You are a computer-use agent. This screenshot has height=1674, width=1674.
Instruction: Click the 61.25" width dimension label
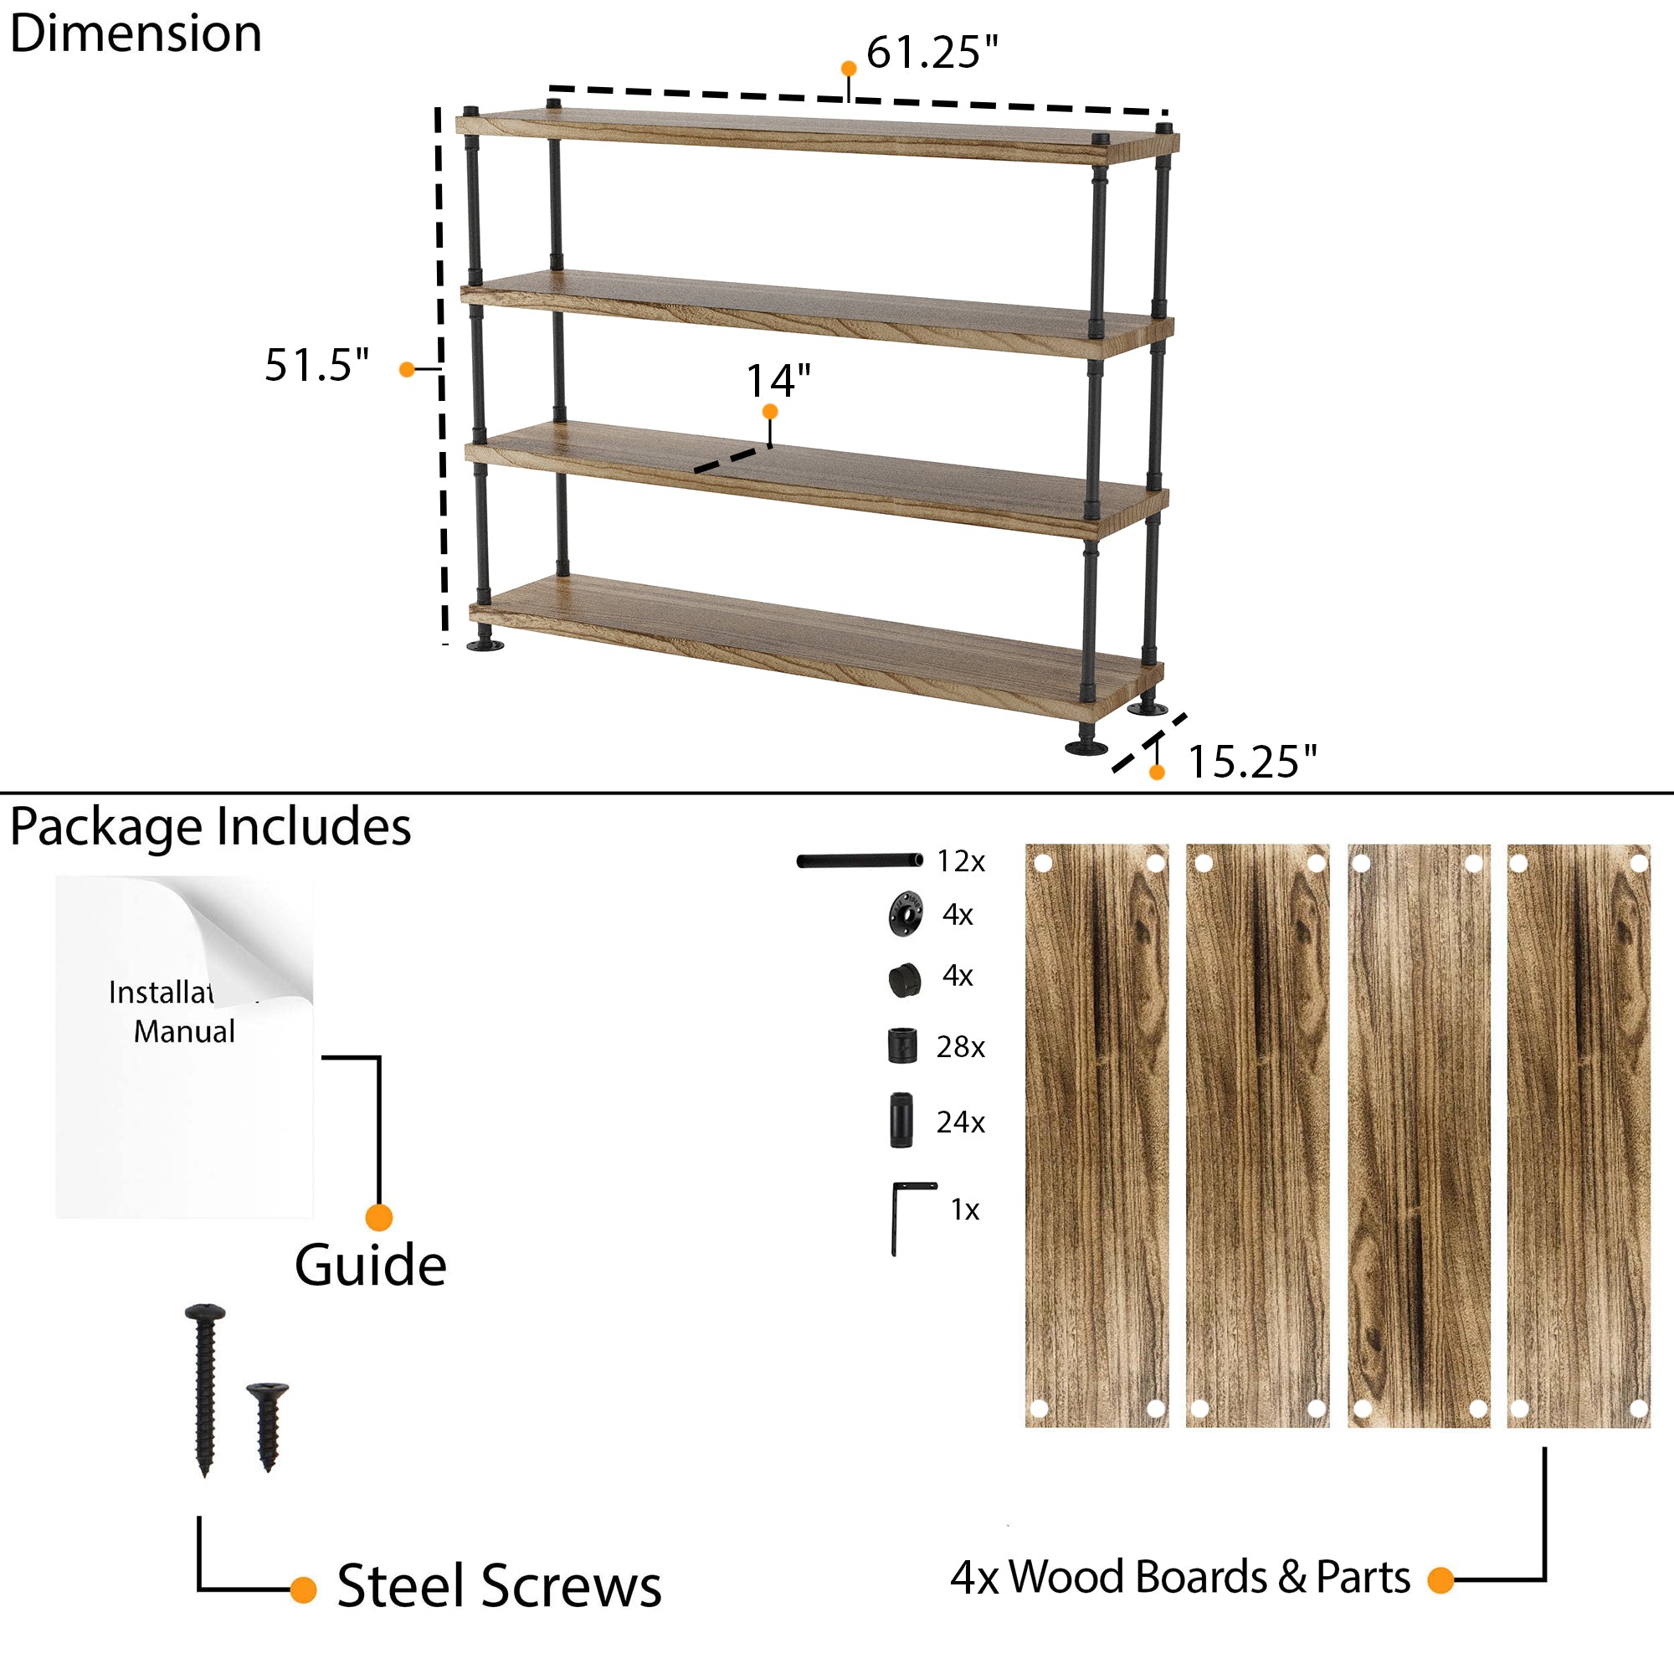click(932, 52)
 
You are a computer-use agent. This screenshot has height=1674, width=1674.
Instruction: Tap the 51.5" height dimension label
click(317, 365)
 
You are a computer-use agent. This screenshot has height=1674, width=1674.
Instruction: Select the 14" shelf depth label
click(778, 380)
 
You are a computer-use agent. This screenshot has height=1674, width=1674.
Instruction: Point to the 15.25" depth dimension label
click(1251, 763)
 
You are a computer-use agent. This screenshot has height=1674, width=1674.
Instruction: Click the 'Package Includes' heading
click(211, 827)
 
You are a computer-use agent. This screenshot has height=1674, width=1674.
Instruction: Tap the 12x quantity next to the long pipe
click(960, 861)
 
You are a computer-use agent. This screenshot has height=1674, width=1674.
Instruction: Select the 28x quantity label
click(960, 1048)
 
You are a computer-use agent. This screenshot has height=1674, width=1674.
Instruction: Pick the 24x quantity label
click(960, 1123)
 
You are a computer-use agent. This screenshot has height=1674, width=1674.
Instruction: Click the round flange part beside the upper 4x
click(906, 914)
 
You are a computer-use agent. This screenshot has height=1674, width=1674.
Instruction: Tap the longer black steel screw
click(205, 1386)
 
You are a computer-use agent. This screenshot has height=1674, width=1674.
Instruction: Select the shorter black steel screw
click(268, 1424)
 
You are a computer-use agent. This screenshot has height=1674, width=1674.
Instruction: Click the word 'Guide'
click(370, 1266)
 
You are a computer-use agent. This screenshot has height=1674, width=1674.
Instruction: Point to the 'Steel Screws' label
click(499, 1586)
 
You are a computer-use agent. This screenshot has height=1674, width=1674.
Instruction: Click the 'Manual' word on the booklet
click(183, 1032)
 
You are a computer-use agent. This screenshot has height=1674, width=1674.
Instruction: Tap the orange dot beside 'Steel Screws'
click(303, 1590)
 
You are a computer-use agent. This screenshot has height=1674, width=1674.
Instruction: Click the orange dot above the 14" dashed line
click(769, 412)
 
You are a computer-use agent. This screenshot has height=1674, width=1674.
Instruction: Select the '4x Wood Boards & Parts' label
click(1180, 1577)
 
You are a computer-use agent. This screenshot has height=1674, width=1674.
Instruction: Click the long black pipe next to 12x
click(860, 860)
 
